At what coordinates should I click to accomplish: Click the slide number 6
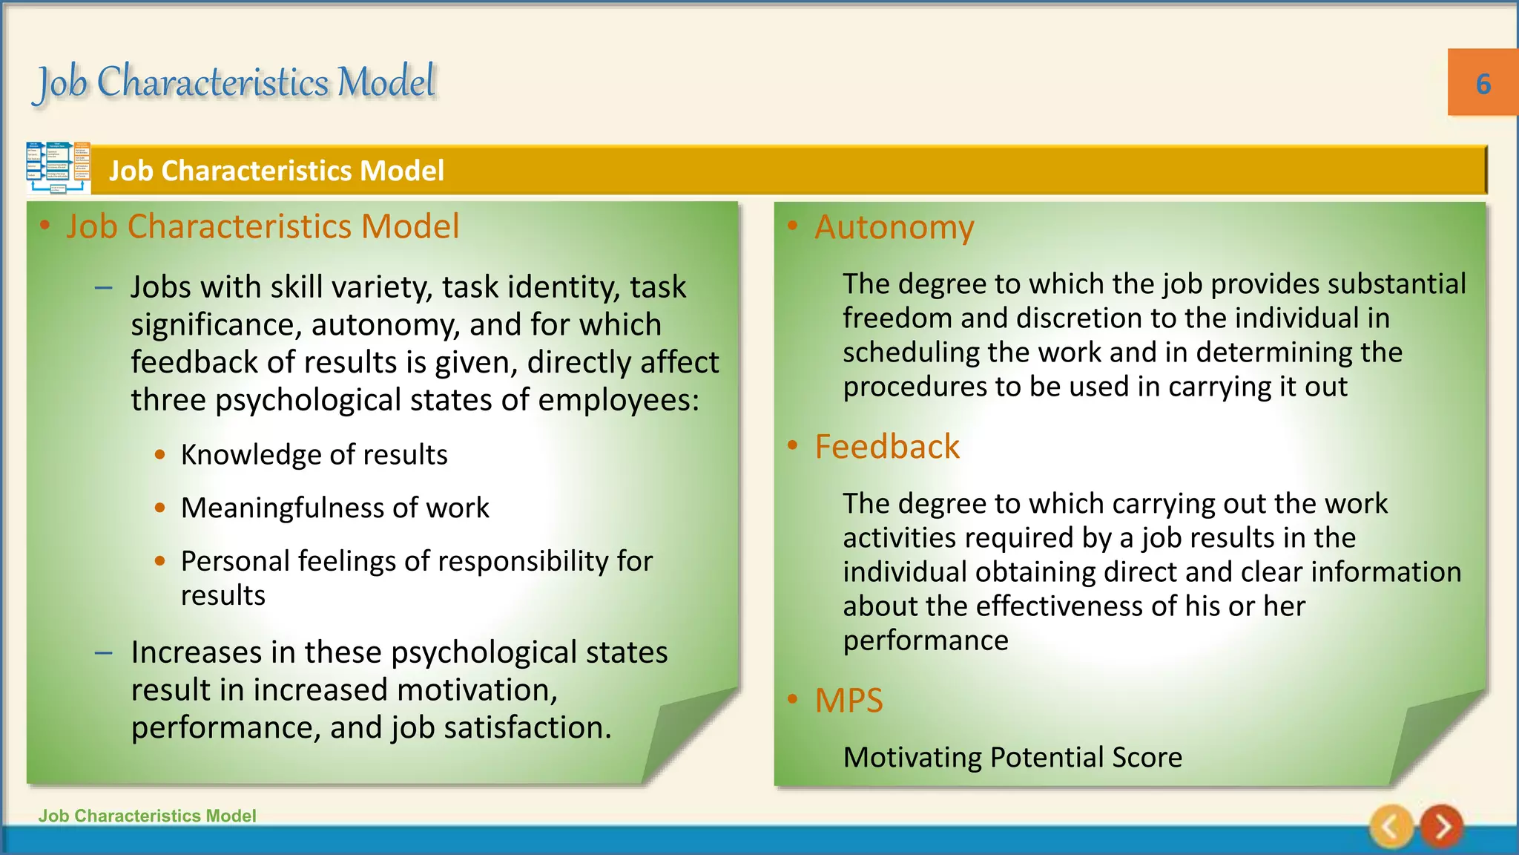(1483, 84)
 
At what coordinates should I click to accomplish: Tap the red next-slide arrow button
(1441, 826)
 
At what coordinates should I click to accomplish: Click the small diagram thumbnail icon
(58, 168)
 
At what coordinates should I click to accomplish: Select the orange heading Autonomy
(894, 227)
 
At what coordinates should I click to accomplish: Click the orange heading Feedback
(887, 447)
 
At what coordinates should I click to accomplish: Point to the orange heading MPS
(849, 701)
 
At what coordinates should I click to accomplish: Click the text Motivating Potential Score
(1012, 757)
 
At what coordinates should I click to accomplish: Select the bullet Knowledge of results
(314, 454)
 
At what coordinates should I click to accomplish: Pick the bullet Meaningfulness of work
(335, 508)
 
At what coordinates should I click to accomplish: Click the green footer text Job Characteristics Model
(147, 816)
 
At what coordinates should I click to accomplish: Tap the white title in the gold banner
(277, 171)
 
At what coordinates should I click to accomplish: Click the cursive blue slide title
(236, 82)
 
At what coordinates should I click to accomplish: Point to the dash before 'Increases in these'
(104, 653)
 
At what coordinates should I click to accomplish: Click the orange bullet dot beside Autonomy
(793, 226)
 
